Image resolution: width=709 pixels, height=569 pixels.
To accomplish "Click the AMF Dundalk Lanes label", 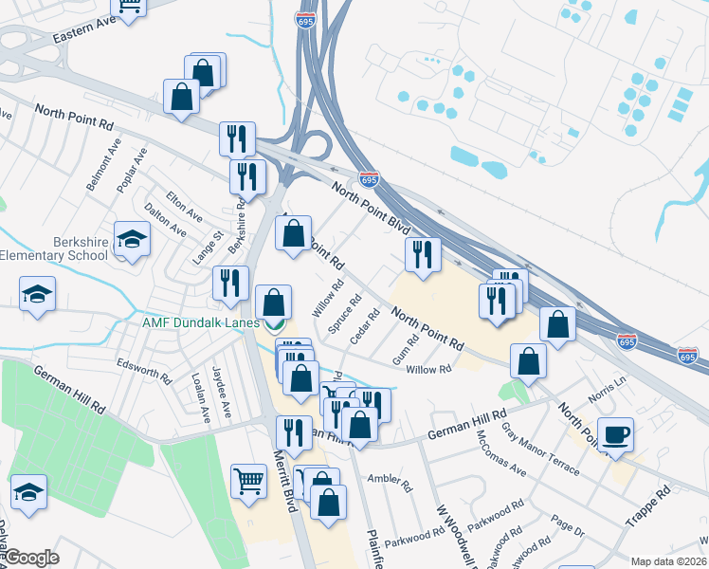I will [x=201, y=322].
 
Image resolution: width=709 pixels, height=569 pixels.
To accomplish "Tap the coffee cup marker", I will [x=616, y=434].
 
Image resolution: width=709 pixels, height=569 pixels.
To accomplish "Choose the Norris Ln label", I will [x=607, y=386].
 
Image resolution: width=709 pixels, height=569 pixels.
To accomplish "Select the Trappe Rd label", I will [x=648, y=507].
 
